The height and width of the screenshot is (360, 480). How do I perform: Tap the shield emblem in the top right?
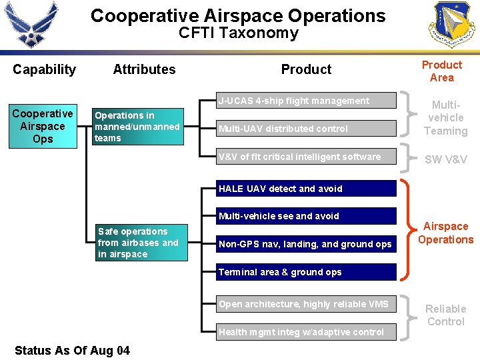coord(454,25)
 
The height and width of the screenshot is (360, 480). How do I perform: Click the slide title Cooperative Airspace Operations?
coord(238,16)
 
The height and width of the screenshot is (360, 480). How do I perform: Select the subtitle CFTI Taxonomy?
coord(238,33)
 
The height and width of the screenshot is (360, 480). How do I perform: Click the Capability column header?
coord(44,69)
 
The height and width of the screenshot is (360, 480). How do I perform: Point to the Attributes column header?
coord(144,69)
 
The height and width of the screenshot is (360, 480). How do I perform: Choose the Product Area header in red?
coord(441,71)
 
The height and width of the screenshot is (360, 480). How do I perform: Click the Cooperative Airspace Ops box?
coord(43,126)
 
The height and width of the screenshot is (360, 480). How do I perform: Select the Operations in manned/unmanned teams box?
coord(137,127)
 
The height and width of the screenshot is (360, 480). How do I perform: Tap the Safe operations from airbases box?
coord(141,243)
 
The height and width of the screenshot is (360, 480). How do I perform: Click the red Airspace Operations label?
coord(445,233)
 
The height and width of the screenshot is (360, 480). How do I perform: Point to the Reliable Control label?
coord(445,315)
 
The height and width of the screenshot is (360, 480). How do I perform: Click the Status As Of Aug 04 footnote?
coord(72,350)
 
